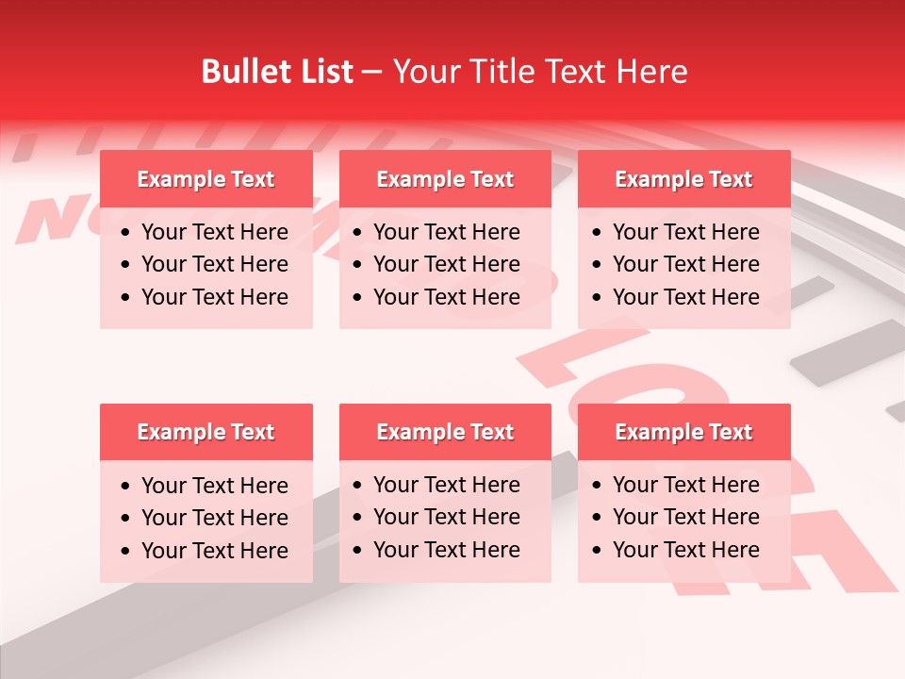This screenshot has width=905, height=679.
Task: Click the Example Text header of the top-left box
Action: coord(206,179)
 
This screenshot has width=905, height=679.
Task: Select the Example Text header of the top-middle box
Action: coord(445,179)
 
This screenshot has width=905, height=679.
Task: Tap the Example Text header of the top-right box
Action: coord(683,179)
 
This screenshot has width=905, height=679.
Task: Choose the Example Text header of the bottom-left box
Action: coord(206,432)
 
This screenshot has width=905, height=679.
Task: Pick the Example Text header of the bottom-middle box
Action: coord(445,432)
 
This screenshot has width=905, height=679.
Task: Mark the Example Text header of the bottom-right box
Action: coord(683,432)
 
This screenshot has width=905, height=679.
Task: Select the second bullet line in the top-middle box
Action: coord(446,264)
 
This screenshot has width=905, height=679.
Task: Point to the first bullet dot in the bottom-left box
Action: coord(126,487)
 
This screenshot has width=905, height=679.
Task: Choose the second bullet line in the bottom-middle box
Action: coord(446,517)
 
